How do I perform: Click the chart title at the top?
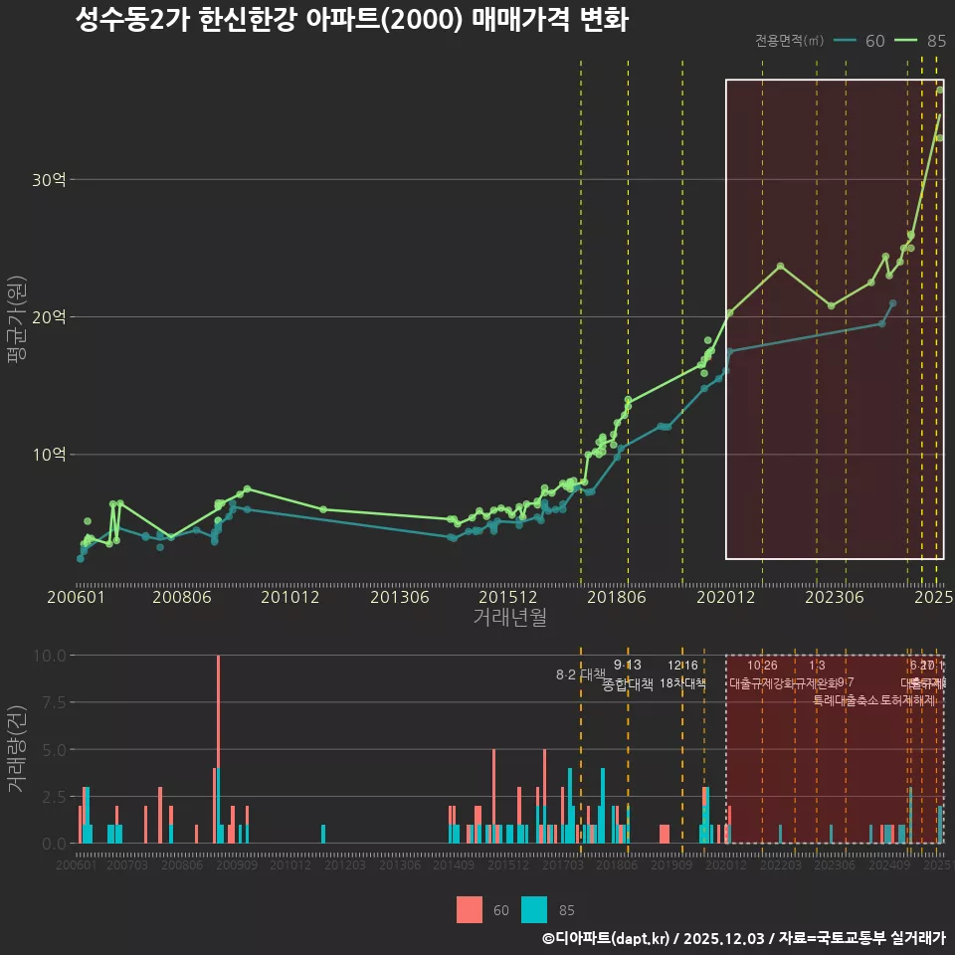point(351,21)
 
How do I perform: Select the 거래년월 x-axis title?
point(509,617)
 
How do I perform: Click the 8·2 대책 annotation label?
point(580,674)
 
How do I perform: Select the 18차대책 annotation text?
point(682,683)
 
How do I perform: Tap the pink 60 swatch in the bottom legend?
point(470,909)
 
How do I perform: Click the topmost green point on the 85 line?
point(940,91)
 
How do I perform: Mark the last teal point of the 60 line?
point(892,303)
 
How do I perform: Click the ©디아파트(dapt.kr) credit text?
point(607,938)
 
